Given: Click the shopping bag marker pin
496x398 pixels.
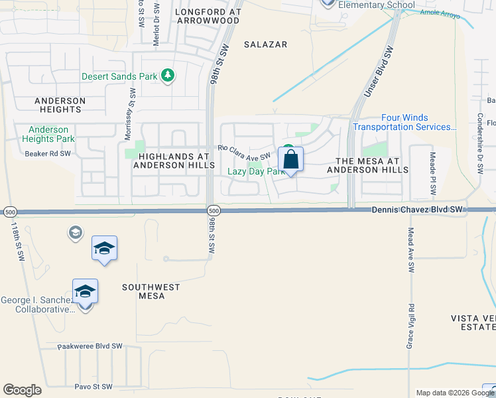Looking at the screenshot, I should [x=291, y=160].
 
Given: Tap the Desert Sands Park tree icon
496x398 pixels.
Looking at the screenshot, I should [x=168, y=76].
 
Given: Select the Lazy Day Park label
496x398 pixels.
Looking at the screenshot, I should [x=256, y=171].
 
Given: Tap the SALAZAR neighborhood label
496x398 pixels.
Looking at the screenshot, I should [x=265, y=44].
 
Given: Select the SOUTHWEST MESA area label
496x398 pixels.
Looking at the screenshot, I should [x=151, y=291].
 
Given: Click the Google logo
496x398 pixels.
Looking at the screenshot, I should [x=22, y=390].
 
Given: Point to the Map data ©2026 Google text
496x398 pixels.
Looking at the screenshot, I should [x=448, y=393].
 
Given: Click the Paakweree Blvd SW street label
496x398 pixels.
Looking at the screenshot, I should [x=90, y=346].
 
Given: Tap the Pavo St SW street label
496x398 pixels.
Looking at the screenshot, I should [x=93, y=386].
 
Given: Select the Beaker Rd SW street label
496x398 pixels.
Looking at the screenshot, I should [x=47, y=153].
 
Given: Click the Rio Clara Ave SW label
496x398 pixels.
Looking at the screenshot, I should [x=244, y=153].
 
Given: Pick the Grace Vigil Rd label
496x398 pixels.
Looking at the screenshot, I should [x=411, y=327].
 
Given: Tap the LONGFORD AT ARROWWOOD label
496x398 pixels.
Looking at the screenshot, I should [x=207, y=16].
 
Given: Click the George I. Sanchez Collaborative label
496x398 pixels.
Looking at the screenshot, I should [x=36, y=305].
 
